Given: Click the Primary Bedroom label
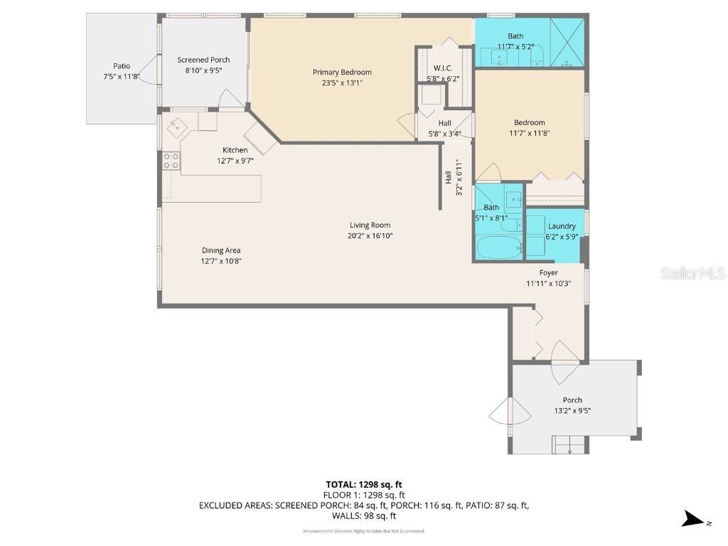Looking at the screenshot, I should click(342, 72).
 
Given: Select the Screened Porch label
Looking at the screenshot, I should click(203, 60).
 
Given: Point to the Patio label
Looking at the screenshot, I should click(122, 66).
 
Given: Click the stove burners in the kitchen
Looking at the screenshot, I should click(171, 161).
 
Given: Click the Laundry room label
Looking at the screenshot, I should click(562, 226).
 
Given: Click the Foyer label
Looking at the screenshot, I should click(548, 272).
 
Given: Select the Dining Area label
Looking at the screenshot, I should click(221, 250).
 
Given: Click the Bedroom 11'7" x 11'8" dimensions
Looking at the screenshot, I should click(530, 132).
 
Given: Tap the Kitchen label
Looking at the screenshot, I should click(235, 150).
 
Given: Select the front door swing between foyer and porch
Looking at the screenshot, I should click(567, 353).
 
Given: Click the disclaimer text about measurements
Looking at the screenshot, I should click(363, 531).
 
